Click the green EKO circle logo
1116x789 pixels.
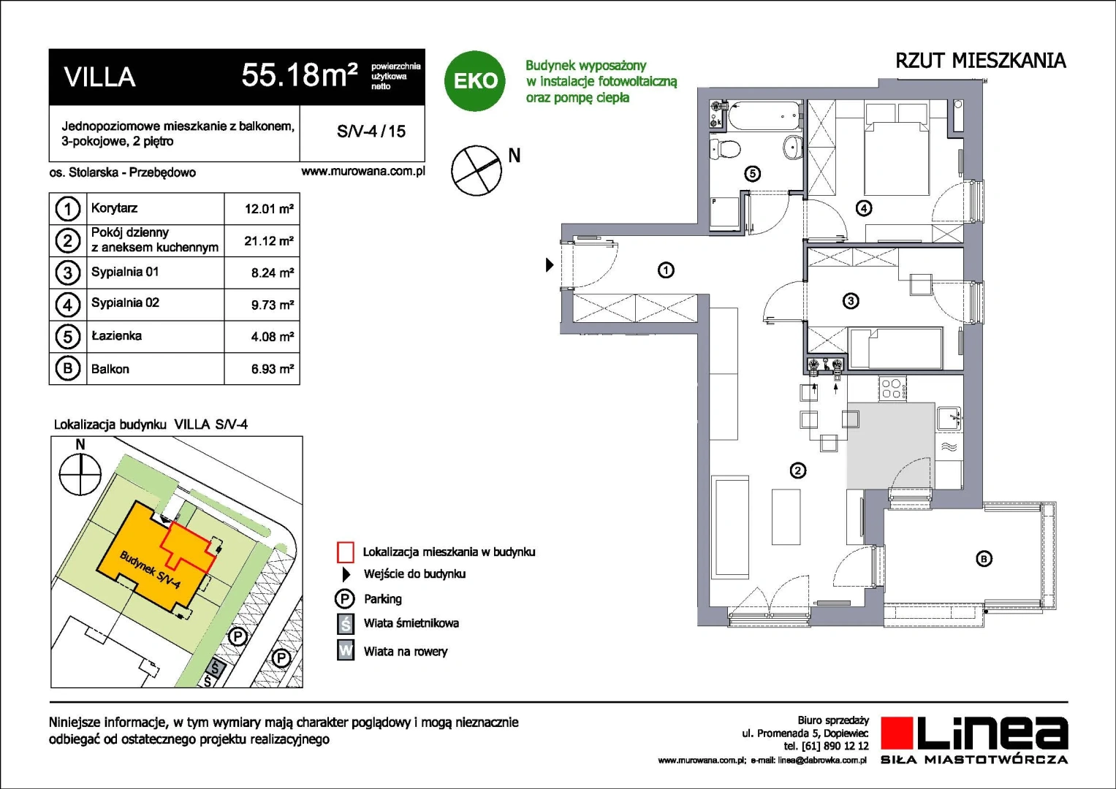tap(474, 80)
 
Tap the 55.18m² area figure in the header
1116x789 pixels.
tap(300, 75)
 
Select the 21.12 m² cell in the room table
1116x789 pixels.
tap(268, 241)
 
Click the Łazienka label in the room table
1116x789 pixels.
tap(116, 336)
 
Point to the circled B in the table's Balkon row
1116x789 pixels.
tap(68, 369)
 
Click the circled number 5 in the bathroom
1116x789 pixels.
tap(752, 174)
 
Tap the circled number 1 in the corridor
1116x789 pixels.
tap(666, 270)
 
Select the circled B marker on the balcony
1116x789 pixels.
tap(984, 559)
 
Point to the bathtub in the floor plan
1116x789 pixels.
tap(764, 116)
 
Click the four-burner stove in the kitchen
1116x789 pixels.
tap(893, 389)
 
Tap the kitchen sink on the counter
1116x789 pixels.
tap(949, 419)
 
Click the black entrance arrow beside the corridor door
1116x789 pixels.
tap(550, 264)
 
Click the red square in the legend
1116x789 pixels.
tap(345, 552)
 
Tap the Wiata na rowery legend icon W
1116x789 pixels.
tap(345, 650)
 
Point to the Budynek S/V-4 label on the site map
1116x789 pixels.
tap(150, 570)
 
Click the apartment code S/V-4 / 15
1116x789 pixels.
tap(371, 131)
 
